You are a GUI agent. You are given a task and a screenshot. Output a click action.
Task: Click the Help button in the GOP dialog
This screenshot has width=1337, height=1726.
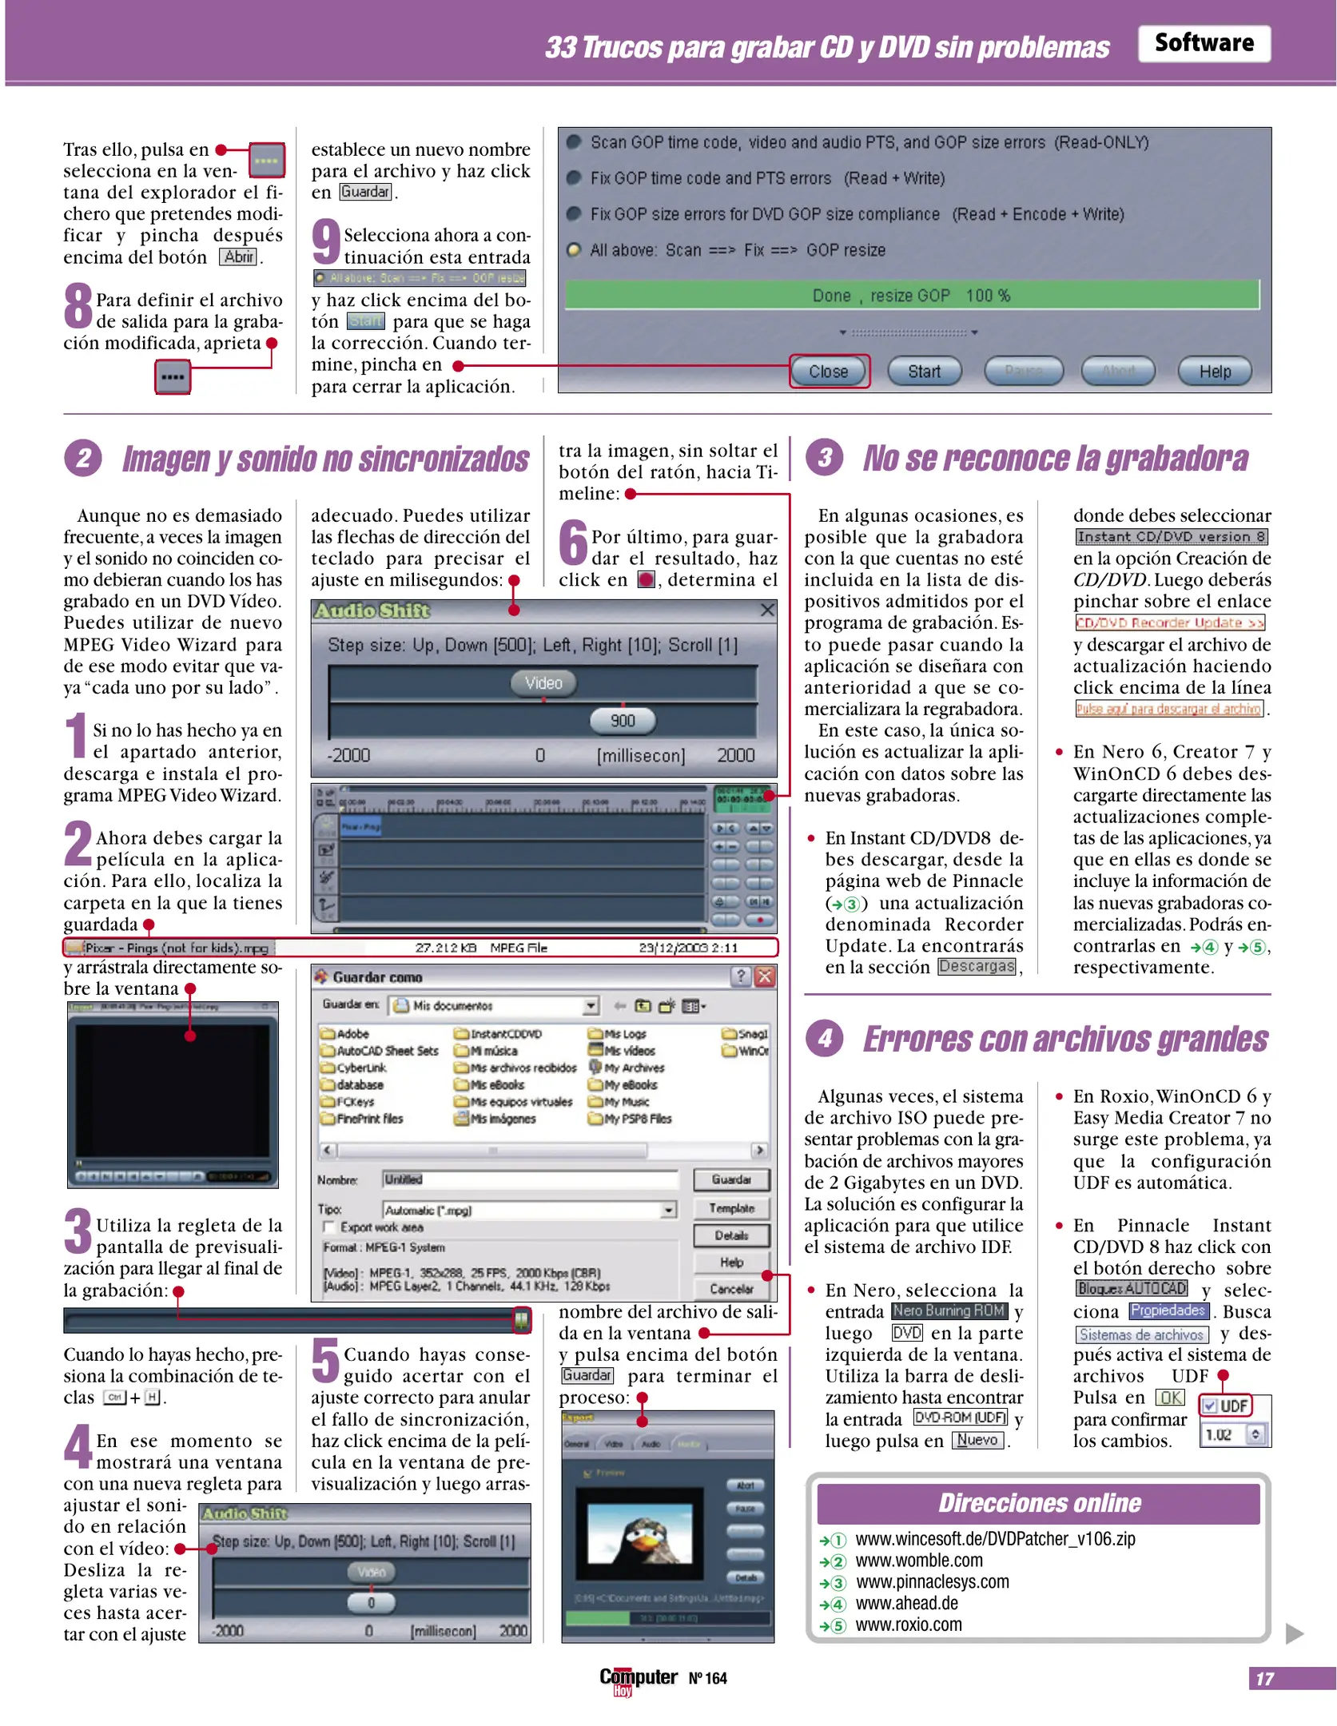coord(1214,372)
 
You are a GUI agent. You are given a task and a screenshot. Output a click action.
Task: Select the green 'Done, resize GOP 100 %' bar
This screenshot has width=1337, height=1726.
coord(911,295)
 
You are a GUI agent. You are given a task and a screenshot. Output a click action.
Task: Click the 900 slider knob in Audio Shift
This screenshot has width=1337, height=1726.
coord(622,721)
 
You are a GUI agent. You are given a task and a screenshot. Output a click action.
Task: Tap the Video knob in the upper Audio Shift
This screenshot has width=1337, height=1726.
coord(543,683)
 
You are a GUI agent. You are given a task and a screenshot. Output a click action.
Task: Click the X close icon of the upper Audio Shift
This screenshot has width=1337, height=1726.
coord(766,610)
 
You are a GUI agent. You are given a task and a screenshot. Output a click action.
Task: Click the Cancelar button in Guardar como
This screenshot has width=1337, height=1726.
coord(731,1289)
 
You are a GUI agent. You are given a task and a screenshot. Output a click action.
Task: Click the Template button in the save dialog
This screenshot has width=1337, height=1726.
coord(731,1208)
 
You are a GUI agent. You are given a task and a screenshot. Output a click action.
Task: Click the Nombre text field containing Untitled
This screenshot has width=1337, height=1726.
coord(529,1179)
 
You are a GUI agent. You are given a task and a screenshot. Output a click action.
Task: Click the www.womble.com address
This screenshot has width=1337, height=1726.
coord(919,1561)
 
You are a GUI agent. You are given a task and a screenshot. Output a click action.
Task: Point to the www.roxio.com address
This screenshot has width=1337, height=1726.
coord(909,1625)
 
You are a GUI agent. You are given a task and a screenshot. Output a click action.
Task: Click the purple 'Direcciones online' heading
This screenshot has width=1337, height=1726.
coord(1038,1503)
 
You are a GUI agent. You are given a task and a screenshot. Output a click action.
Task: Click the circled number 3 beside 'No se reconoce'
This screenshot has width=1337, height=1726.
coord(824,458)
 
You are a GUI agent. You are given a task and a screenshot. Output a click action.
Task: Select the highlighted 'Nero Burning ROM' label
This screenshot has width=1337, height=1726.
coord(948,1311)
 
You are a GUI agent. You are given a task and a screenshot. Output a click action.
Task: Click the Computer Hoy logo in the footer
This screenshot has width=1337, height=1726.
coord(638,1677)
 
